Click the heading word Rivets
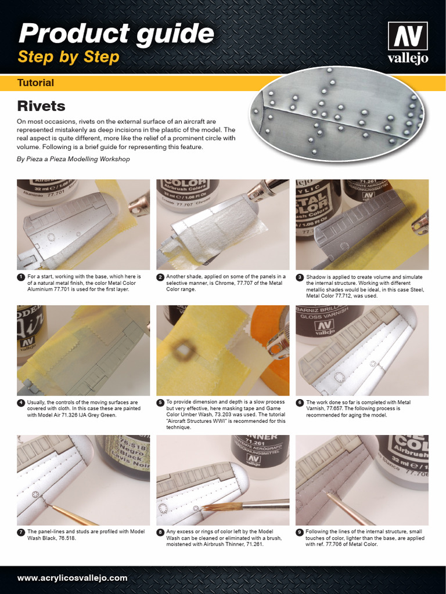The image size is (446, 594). pos(41,106)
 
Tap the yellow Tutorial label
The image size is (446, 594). pos(35,83)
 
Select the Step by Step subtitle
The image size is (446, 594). pos(69,57)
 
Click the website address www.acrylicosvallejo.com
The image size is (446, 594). pos(72,578)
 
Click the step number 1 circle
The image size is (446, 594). pos(21,277)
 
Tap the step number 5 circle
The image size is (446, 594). pos(160,402)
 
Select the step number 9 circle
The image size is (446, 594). pos(300,532)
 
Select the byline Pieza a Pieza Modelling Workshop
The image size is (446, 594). pos(73,159)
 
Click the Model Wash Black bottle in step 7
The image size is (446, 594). pos(124,455)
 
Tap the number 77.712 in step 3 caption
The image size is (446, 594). pos(344,296)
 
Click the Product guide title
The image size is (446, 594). pos(116,34)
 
